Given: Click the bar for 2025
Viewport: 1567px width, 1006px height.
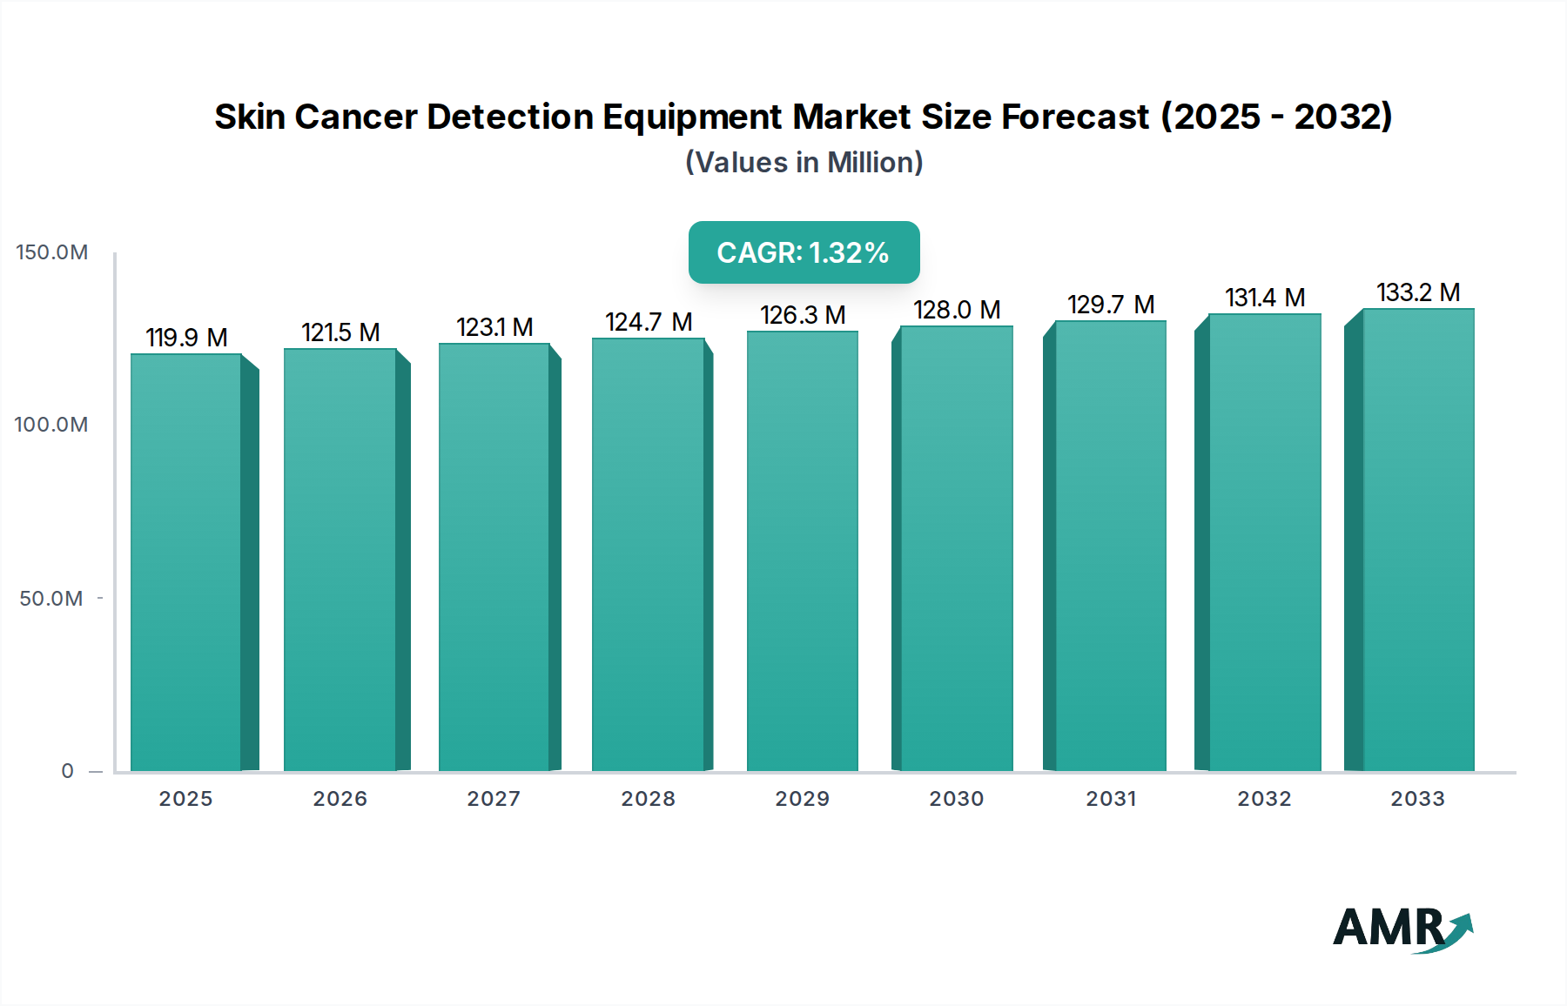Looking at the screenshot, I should tap(186, 561).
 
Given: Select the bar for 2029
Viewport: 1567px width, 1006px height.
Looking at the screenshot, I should tap(803, 550).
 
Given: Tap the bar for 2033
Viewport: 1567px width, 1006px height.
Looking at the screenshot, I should tap(1418, 540).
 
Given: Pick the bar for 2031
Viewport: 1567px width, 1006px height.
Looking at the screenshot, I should tap(1111, 546).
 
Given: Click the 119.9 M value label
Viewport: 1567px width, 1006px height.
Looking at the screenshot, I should tap(186, 338).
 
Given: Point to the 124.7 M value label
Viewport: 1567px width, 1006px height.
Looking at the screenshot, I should tap(649, 323).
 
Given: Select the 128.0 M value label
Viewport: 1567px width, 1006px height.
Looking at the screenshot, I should tap(957, 310).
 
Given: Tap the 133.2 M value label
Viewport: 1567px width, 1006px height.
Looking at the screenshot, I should tap(1418, 292).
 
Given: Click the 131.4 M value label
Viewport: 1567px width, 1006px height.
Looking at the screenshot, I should tap(1265, 298).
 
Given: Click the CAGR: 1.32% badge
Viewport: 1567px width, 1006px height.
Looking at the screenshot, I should tap(804, 252).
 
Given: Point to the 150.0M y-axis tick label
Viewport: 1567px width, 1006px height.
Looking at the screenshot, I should tap(52, 252).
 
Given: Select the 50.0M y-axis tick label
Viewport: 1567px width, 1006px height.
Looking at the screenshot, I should tap(51, 599).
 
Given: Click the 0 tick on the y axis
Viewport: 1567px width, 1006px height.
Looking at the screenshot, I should tap(68, 771).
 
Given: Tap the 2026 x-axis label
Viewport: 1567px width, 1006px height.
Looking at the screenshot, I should tap(340, 799).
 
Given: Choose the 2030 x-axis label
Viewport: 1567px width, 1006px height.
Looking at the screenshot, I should tap(957, 799).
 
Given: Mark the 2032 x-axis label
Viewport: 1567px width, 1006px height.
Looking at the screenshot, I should tap(1265, 799).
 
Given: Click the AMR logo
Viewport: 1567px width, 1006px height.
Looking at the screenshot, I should tap(1402, 929).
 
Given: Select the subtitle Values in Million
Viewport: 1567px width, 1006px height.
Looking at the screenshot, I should tap(804, 163).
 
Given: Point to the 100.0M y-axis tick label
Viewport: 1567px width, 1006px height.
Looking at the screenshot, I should tap(51, 425).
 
